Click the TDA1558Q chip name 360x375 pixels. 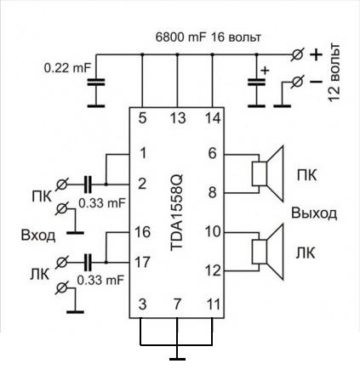tap(177, 213)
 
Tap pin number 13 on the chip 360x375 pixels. tap(178, 118)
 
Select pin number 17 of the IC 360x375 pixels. tap(142, 262)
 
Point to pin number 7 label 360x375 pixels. tap(177, 304)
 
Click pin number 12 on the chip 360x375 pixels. tap(213, 270)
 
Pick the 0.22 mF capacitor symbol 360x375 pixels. tap(96, 82)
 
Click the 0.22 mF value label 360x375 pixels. tap(67, 68)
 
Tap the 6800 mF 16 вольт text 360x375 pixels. tap(208, 37)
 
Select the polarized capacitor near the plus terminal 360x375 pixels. tap(257, 82)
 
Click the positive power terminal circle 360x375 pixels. tap(297, 54)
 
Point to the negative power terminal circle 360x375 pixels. tap(297, 82)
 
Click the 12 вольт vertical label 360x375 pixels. tap(334, 72)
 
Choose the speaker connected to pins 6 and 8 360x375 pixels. tap(268, 173)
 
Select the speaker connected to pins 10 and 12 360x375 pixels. tap(268, 252)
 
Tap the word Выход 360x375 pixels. tap(314, 213)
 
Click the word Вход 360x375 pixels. tap(38, 236)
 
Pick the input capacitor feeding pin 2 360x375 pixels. tap(88, 185)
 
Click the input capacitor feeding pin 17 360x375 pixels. tap(88, 263)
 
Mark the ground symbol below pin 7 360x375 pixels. tap(177, 359)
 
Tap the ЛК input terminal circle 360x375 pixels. tap(61, 263)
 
